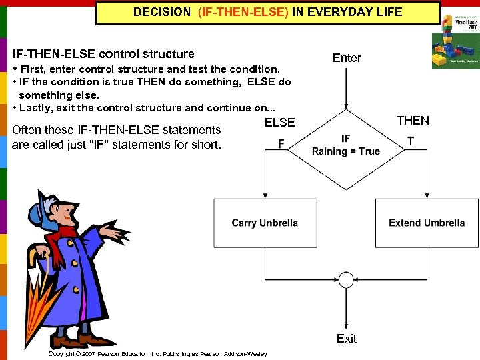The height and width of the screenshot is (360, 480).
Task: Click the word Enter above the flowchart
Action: [347, 58]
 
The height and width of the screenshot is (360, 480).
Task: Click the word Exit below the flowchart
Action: [346, 339]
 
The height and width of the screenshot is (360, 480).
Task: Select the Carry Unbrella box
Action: [265, 223]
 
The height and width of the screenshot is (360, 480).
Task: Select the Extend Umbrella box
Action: [427, 223]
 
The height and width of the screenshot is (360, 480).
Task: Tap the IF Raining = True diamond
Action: [345, 145]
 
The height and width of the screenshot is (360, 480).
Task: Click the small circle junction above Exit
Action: [346, 279]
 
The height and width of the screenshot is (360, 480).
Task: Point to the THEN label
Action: [413, 121]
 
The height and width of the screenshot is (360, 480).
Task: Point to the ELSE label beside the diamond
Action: [279, 123]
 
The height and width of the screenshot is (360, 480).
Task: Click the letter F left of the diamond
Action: [281, 143]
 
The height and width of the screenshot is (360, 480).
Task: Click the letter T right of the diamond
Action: [411, 141]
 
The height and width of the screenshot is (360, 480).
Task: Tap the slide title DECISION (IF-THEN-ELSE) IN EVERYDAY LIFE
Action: [268, 12]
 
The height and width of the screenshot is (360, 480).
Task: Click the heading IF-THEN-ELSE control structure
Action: [103, 54]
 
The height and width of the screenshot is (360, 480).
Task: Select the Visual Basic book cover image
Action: [455, 42]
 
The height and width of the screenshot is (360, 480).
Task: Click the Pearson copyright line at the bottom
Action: [157, 354]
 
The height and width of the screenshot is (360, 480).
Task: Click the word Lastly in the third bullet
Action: [36, 108]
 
